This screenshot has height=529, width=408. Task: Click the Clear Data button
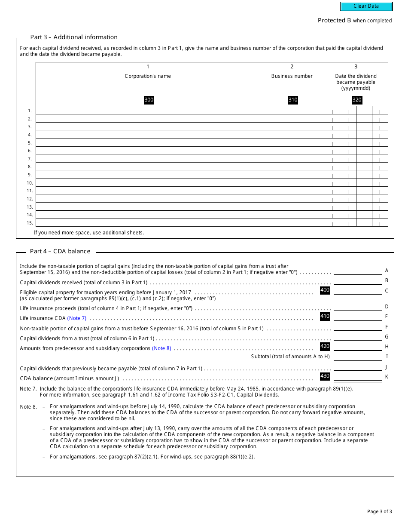(x=366, y=6)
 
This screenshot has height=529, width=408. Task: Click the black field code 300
(x=149, y=100)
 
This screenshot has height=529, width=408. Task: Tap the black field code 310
(x=292, y=100)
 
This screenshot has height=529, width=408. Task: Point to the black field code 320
(x=356, y=100)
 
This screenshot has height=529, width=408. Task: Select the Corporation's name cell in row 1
(x=148, y=110)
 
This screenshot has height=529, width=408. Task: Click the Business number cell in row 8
(x=292, y=166)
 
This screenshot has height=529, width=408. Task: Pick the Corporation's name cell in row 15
(x=148, y=222)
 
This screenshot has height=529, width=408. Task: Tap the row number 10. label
(x=30, y=183)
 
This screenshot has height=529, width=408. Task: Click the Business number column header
(x=292, y=76)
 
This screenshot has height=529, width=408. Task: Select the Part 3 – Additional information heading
(x=73, y=37)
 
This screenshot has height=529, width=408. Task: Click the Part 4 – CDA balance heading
(x=60, y=252)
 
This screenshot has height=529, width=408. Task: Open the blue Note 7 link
(x=77, y=318)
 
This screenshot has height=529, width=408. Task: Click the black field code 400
(x=325, y=290)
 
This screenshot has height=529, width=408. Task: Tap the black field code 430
(x=325, y=376)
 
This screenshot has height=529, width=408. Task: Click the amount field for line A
(x=357, y=271)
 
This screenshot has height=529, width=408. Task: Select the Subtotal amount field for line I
(x=357, y=357)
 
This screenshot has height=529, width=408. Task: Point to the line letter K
(x=387, y=377)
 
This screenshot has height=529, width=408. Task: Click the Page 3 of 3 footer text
(x=379, y=511)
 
